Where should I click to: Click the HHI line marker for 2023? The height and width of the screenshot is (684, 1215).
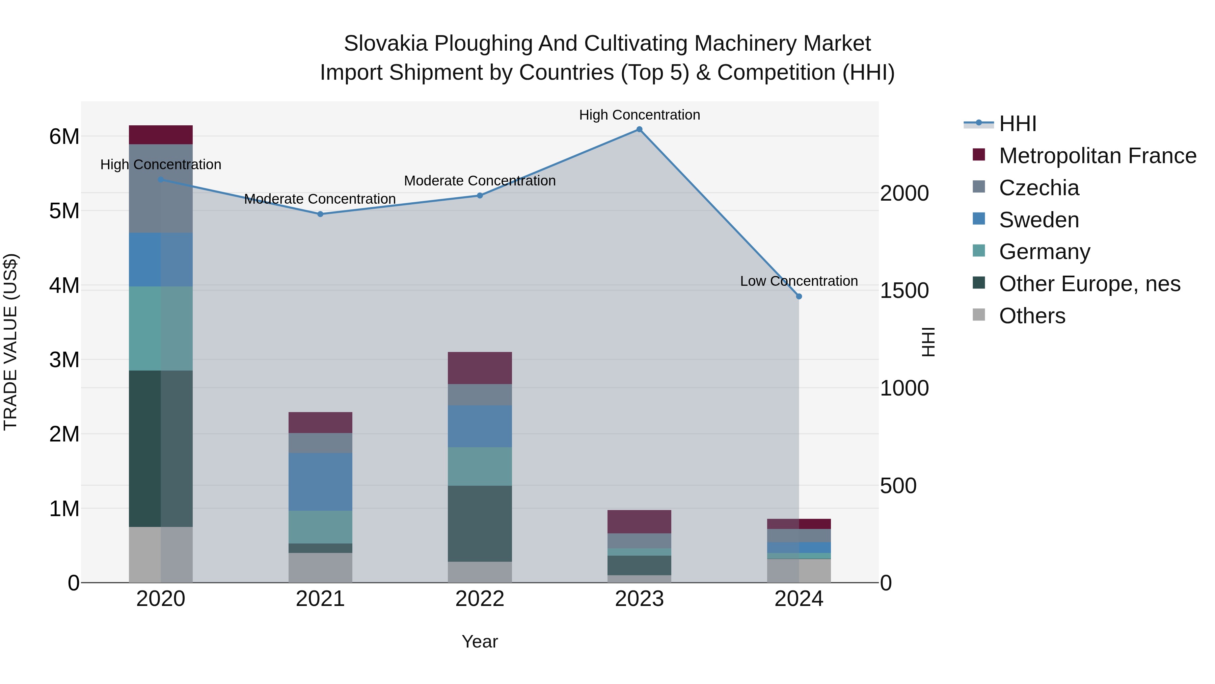(x=639, y=129)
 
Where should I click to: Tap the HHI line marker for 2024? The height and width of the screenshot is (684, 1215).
(x=799, y=297)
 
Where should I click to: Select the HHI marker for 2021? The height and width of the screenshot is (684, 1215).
(x=320, y=214)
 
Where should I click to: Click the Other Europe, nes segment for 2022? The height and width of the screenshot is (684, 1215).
(x=480, y=524)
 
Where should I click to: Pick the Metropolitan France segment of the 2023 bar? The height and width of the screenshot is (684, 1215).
(x=639, y=522)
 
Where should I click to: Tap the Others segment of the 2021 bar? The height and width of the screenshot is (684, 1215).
(x=320, y=567)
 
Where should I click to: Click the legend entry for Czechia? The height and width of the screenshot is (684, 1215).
(x=1038, y=188)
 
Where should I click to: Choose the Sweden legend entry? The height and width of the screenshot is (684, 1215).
(x=1038, y=220)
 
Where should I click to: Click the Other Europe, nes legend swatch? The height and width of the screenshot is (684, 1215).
(x=979, y=283)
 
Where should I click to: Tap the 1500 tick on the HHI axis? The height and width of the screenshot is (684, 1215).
(x=904, y=291)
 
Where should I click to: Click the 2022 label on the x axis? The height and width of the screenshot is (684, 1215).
(x=480, y=599)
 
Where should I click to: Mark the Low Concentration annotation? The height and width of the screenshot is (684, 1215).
(x=799, y=281)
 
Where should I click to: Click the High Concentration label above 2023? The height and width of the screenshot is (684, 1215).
(x=639, y=115)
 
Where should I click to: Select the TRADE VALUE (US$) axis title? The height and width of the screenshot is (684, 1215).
(x=10, y=342)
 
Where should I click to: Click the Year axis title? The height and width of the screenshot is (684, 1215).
(x=480, y=641)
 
